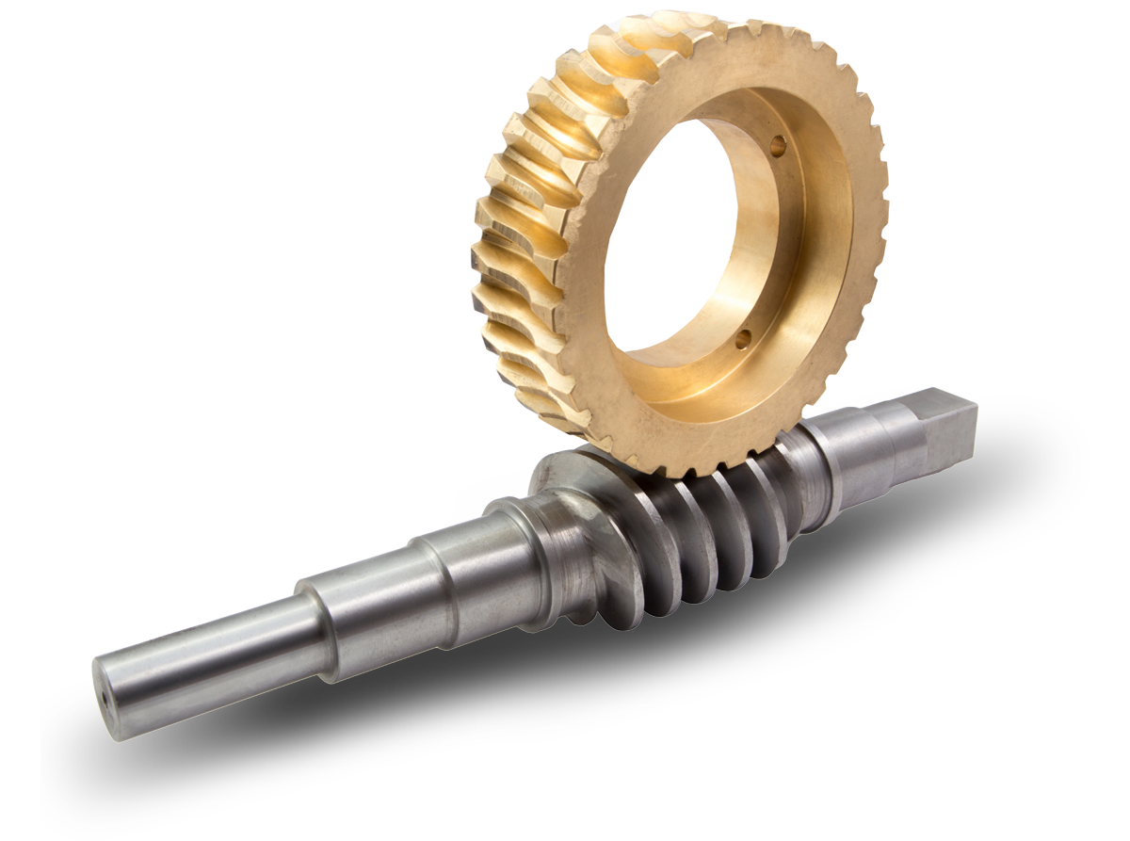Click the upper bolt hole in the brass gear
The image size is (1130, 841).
tap(777, 146)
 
